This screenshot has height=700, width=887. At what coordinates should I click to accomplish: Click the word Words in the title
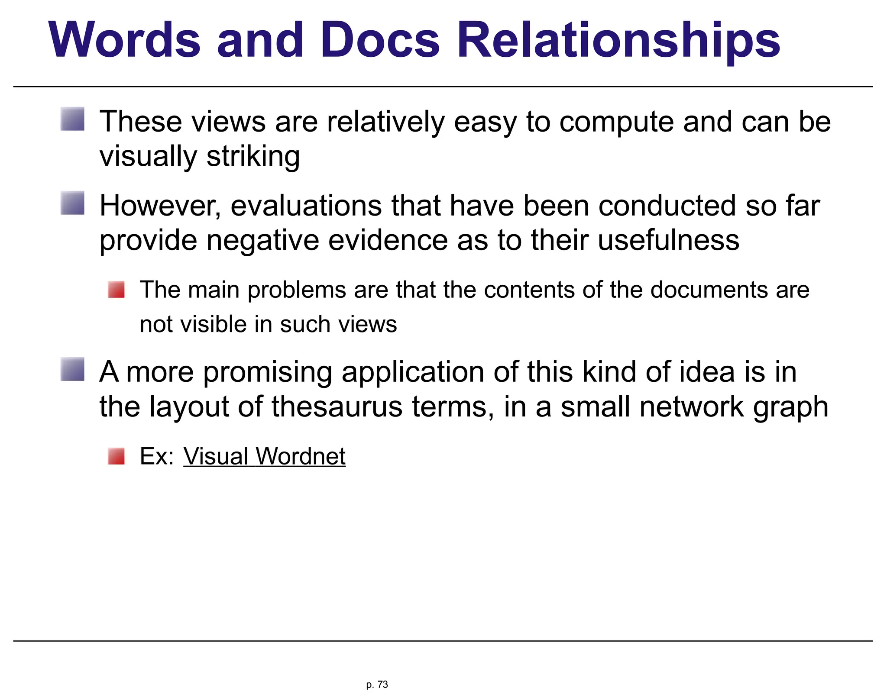point(125,40)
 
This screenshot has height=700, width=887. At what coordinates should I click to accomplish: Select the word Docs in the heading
point(380,40)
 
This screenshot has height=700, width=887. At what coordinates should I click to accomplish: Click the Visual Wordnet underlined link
point(264,456)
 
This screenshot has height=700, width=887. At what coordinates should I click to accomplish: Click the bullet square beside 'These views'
point(72,119)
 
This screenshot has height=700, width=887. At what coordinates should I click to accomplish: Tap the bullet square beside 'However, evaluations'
point(72,203)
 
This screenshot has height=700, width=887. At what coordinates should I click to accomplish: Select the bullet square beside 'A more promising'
point(72,369)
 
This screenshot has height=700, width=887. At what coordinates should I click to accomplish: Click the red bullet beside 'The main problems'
point(116,290)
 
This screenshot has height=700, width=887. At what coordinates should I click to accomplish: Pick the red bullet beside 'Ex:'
point(116,456)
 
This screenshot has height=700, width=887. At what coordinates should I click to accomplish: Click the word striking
point(253,156)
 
